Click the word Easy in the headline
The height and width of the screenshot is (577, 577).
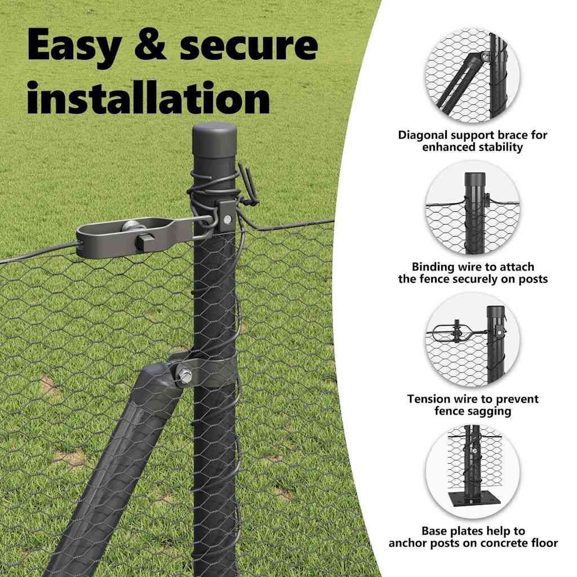click(74, 47)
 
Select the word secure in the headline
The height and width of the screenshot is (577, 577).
click(248, 46)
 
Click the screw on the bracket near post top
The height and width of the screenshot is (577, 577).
click(228, 220)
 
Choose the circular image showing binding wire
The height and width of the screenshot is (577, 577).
click(473, 208)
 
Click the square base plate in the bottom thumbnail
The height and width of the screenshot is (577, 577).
click(474, 499)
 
